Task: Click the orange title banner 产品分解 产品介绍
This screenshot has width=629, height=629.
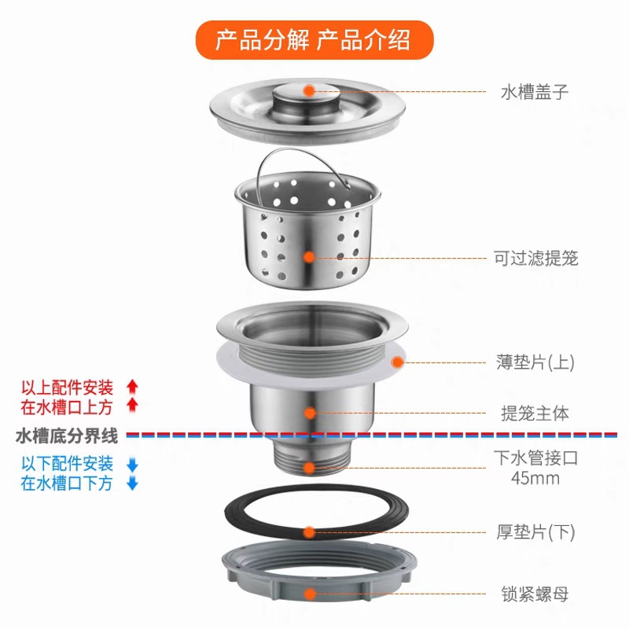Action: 314,39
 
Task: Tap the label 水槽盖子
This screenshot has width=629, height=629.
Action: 535,92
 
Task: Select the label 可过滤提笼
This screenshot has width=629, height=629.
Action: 535,258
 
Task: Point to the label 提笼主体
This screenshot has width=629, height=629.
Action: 535,413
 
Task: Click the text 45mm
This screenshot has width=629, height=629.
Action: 535,478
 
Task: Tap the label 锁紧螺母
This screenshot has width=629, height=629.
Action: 535,594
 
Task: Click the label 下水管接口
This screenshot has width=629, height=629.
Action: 535,458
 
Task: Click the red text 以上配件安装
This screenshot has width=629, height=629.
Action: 67,387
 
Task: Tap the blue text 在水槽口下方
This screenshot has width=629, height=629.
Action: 67,484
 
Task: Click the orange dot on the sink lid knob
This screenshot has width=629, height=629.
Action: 309,90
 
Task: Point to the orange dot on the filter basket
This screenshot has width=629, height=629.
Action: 309,256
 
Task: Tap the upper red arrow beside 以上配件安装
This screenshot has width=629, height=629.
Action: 132,386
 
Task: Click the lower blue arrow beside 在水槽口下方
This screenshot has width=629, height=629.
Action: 132,484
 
